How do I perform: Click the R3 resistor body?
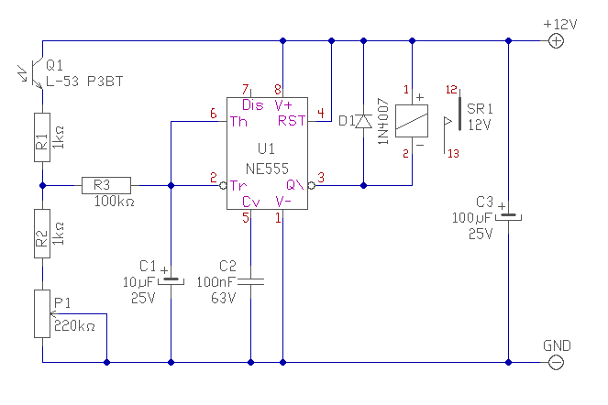pos(106,186)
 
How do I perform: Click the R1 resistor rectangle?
pos(42,137)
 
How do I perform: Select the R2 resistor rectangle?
pos(42,234)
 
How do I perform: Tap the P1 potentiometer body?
pos(42,314)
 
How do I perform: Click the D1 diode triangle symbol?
pos(363,121)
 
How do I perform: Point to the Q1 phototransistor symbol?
pos(33,73)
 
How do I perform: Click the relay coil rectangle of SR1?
pos(412,121)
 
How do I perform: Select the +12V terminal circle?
pos(556,40)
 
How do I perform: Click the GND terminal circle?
pos(556,362)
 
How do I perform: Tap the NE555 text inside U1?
pos(267,169)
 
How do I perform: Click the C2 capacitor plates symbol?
pos(251,281)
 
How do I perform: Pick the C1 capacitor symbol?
pos(171,280)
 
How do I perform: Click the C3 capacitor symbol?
pos(508,215)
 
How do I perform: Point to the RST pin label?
pos(292,121)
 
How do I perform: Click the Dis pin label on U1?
pos(253,105)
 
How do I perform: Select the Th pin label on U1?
pos(238,122)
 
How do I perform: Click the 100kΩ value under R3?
pos(115,202)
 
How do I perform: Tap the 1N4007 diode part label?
pos(383,121)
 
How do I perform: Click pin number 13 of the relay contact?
pos(453,154)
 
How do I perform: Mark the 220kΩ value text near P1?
pos(74,326)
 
